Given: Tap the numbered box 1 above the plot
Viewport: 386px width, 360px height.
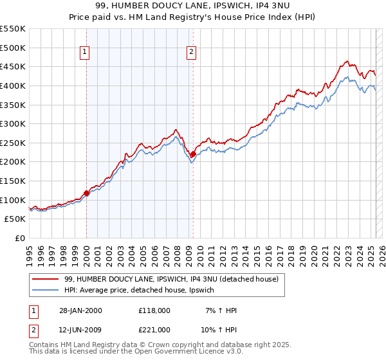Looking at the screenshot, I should (86, 53).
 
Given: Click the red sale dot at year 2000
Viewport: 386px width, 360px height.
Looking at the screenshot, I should (86, 193).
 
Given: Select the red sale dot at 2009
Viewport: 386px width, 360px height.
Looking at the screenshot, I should (193, 154).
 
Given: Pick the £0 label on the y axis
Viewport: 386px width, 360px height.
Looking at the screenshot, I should (21, 238).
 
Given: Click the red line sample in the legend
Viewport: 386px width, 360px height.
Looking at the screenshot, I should (46, 280).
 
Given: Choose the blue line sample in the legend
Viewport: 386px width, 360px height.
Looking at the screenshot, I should (46, 291).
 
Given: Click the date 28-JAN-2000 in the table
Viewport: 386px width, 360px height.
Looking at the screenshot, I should (80, 310).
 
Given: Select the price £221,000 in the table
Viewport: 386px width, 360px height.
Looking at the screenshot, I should (154, 330).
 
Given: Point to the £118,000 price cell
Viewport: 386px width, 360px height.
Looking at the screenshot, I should (154, 310).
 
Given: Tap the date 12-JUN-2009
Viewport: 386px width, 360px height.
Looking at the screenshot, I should (80, 330).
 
